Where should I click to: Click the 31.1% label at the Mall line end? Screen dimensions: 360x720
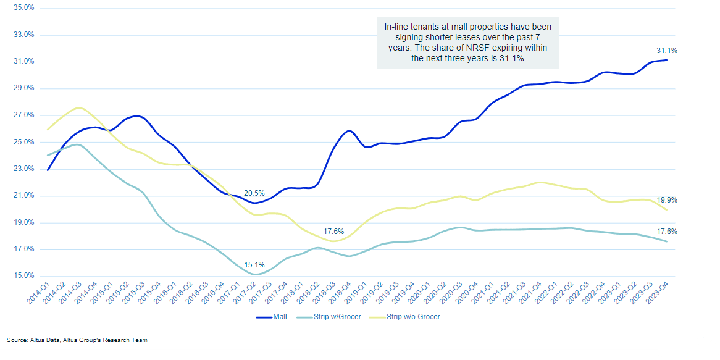pyautogui.click(x=667, y=51)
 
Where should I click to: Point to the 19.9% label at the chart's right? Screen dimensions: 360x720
pyautogui.click(x=668, y=200)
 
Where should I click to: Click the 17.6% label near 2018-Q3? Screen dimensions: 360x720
pyautogui.click(x=333, y=232)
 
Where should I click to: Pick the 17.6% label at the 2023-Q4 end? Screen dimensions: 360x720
pyautogui.click(x=668, y=232)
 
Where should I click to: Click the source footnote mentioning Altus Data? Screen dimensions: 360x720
pyautogui.click(x=77, y=340)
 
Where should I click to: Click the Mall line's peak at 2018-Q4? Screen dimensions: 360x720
pyautogui.click(x=350, y=131)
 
